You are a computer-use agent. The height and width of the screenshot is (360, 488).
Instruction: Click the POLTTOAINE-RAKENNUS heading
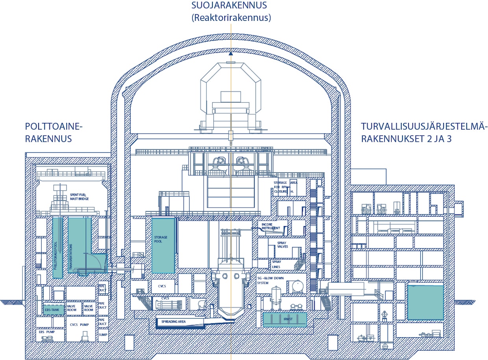click(54, 132)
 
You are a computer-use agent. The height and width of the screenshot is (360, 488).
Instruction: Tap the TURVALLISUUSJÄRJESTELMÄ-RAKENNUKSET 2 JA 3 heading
click(424, 132)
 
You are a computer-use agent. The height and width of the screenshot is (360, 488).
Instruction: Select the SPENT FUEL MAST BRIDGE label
click(79, 197)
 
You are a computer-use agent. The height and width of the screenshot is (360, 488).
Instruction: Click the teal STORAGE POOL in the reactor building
click(163, 245)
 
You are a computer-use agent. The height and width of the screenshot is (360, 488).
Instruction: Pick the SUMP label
click(103, 334)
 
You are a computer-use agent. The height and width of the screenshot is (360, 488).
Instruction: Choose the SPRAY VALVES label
click(282, 246)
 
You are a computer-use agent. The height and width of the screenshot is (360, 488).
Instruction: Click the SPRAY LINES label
click(277, 264)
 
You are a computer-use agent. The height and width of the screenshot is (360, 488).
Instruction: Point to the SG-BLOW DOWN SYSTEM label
click(270, 280)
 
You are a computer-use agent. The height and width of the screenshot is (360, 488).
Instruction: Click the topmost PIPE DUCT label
click(102, 289)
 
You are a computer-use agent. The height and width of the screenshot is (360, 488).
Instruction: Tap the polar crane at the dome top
click(231, 100)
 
